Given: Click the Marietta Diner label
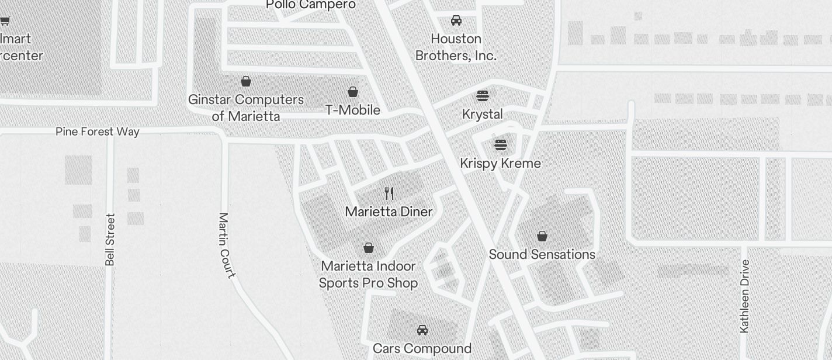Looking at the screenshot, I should point(389,212).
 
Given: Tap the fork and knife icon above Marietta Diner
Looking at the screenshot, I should point(389,193).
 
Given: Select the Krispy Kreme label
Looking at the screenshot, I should point(500,163).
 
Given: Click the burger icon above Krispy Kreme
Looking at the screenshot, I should point(500,144).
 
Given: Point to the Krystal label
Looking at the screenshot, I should point(482,114).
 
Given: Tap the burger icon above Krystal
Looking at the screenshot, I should point(482,95).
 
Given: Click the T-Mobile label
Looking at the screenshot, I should point(353,110).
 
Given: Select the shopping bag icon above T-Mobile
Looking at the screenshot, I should point(353,92).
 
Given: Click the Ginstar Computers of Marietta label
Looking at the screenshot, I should point(246,108).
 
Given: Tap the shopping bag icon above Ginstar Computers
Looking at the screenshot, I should point(246,81).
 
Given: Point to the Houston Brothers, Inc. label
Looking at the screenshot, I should point(456,47).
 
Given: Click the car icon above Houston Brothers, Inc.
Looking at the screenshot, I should point(456,20).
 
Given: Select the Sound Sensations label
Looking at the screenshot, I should point(542,254).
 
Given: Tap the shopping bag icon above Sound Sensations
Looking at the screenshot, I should point(542,236).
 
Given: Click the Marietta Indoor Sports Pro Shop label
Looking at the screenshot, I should point(368,274).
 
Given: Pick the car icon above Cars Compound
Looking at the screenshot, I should point(422,330).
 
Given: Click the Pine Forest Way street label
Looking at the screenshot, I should point(98,131).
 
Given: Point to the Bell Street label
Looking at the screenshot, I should point(110,240).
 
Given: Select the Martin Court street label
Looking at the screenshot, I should point(227,245).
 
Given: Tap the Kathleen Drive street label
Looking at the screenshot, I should point(744,296).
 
